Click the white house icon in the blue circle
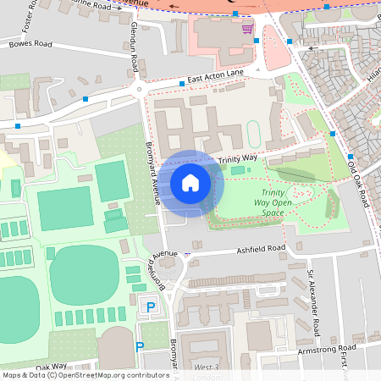tap(190, 182)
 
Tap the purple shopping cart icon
tap(247, 29)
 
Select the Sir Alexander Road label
tap(312, 303)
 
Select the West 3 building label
tap(206, 367)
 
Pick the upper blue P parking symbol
tap(152, 307)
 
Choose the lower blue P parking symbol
tap(140, 345)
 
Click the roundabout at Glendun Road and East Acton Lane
tap(137, 88)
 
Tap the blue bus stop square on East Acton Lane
tap(181, 84)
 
